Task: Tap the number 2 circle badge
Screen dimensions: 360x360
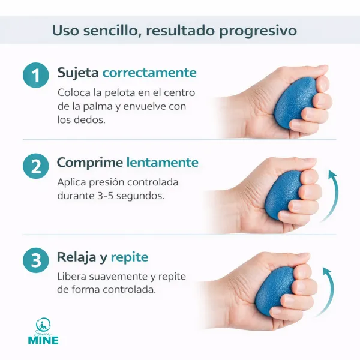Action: pos(35,166)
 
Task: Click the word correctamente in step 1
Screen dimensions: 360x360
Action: pos(149,73)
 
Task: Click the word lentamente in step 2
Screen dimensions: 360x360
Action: pos(162,163)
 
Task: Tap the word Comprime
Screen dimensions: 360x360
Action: pos(89,163)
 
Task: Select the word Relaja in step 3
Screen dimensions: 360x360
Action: pos(77,257)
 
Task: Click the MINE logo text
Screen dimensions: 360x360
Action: pos(43,340)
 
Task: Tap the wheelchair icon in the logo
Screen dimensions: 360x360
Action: pos(43,324)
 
